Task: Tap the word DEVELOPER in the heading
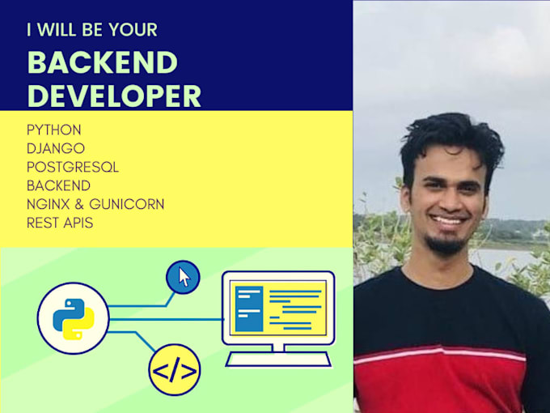pyautogui.click(x=114, y=95)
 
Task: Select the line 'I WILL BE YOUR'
pyautogui.click(x=91, y=31)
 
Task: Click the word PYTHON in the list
pyautogui.click(x=53, y=130)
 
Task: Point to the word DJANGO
pyautogui.click(x=55, y=148)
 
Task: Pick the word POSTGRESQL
pyautogui.click(x=72, y=167)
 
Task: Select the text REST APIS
pyautogui.click(x=59, y=223)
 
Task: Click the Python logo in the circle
pyautogui.click(x=74, y=317)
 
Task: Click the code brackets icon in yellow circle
pyautogui.click(x=174, y=371)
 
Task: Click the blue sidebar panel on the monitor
pyautogui.click(x=248, y=308)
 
